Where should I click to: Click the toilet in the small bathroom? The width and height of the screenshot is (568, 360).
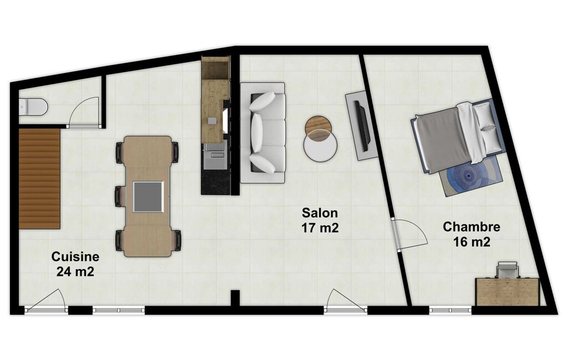pos(33,106)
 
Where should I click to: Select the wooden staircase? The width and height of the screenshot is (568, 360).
pos(39,178)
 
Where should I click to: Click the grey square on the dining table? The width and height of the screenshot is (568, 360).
pos(148,197)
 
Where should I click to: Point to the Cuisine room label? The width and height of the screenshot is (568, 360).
pos(75,256)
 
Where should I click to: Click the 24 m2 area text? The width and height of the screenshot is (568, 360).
pos(75,271)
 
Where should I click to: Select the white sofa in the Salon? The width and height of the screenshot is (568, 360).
pos(263,132)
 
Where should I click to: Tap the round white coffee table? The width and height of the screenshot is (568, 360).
pos(321,145)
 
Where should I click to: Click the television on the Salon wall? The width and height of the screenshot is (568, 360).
pos(361,125)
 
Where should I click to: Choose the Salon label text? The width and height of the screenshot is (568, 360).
pos(320,213)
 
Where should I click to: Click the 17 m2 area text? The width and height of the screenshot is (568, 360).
pos(320,228)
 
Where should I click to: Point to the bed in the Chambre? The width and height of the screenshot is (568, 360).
pos(457,136)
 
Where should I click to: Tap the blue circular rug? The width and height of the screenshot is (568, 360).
pos(469,176)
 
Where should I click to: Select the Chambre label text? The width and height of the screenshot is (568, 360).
pos(472,227)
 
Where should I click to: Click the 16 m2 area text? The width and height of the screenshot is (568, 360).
pos(472,241)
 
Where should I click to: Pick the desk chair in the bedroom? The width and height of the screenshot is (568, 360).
pos(508,270)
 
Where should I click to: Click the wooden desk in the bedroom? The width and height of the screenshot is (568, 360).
pos(508,291)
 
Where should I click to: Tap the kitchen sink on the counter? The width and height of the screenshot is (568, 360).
pos(216,151)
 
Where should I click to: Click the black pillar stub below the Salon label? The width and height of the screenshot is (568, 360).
pos(236,299)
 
